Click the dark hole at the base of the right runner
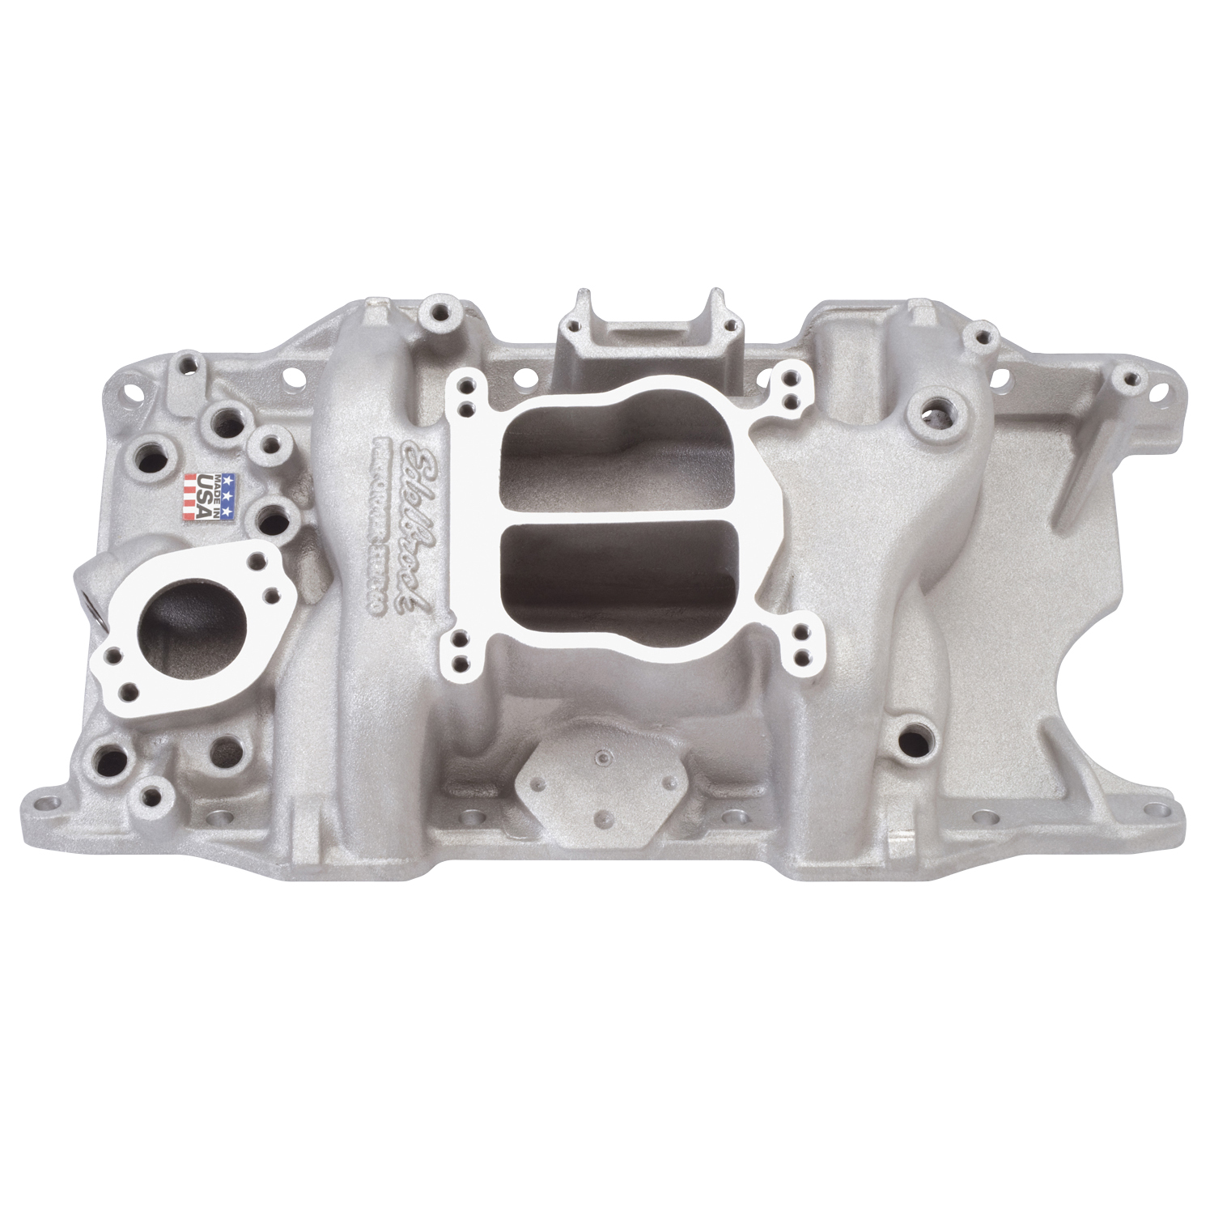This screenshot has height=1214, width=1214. (x=914, y=738)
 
